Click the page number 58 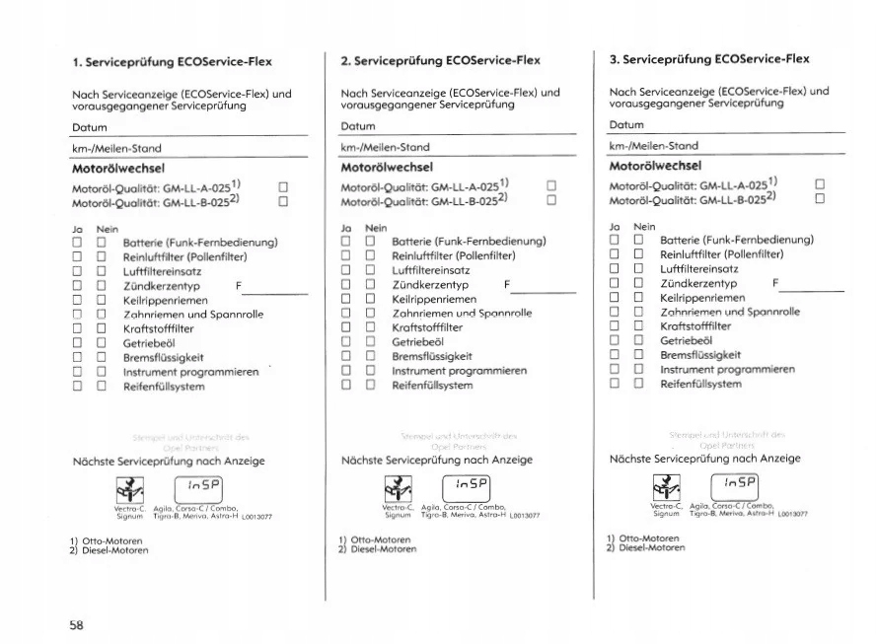(76, 623)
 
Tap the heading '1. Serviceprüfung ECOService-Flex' (173, 62)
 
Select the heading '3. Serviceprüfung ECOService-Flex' (709, 59)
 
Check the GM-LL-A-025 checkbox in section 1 (283, 186)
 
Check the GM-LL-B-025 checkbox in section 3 (820, 197)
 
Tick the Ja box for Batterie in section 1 (77, 243)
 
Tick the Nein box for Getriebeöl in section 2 (370, 341)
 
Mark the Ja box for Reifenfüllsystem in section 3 (614, 384)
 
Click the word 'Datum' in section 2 (358, 126)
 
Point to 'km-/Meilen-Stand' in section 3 (654, 145)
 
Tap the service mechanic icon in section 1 (129, 489)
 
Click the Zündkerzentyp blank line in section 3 (814, 290)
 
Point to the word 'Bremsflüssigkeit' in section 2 (432, 356)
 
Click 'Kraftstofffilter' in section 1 (158, 328)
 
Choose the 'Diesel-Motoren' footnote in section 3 (651, 547)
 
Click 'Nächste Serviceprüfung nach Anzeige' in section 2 (437, 460)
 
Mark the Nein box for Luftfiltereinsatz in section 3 (638, 268)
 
